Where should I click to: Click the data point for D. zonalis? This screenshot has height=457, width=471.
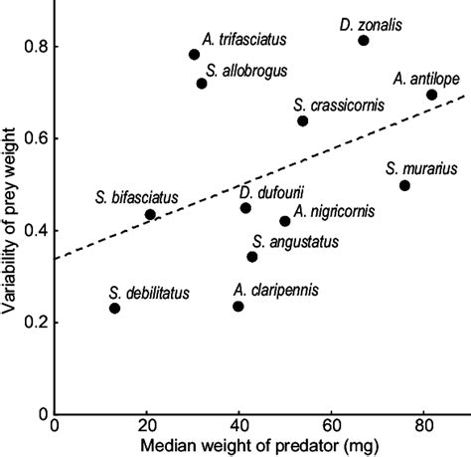click(x=364, y=41)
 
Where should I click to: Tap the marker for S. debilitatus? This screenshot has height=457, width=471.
click(x=114, y=308)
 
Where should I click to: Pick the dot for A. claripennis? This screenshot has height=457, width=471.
click(x=238, y=306)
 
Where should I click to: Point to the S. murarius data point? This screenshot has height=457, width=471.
click(x=404, y=185)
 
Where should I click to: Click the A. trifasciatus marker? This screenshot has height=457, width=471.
click(x=195, y=55)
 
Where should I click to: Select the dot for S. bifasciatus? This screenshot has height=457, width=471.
click(x=150, y=214)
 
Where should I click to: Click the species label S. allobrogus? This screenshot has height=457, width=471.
click(x=241, y=69)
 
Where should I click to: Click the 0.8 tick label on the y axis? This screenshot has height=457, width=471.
click(x=33, y=47)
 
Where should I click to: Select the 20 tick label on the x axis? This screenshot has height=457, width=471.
click(x=146, y=426)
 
